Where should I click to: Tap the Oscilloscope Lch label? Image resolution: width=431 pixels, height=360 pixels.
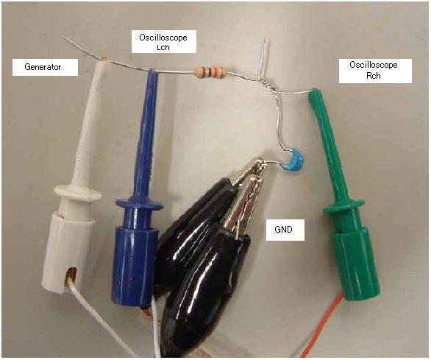[164, 41]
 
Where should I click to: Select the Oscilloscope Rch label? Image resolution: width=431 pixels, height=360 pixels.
[375, 71]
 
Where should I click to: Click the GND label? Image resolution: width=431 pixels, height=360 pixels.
[285, 230]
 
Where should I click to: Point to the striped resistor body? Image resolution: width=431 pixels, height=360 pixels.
[210, 72]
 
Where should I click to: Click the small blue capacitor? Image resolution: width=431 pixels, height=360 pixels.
[295, 161]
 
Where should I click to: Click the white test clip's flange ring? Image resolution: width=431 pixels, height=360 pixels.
[77, 193]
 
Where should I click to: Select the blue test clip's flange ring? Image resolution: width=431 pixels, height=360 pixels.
[140, 205]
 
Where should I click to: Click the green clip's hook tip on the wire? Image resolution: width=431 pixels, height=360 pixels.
[313, 92]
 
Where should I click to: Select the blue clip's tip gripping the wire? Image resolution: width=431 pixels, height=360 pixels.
[152, 72]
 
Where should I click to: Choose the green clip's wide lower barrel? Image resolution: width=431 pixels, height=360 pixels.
[356, 264]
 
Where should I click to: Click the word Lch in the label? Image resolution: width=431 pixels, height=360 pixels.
[163, 47]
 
